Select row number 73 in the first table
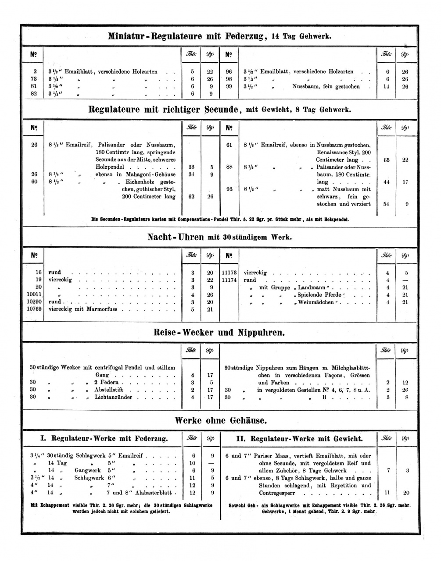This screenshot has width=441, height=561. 34,79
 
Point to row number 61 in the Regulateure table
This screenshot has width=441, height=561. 229,145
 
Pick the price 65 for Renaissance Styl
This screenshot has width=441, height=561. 387,160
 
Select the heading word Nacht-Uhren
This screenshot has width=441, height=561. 176,237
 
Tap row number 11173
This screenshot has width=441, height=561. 229,272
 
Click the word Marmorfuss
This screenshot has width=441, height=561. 107,309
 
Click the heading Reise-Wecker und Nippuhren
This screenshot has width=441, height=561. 219,332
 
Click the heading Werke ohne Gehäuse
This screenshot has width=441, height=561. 220,420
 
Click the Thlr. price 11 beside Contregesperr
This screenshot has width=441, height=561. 387,493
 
